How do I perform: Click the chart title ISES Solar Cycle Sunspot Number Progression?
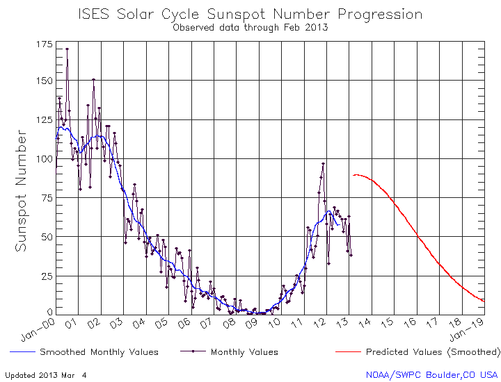coord(250,14)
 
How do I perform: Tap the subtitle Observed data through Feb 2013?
coord(250,28)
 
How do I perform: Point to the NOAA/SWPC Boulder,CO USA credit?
coord(432,375)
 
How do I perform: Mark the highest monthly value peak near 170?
coord(67,49)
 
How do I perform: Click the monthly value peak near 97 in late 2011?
coord(324,164)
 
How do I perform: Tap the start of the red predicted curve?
coord(353,175)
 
